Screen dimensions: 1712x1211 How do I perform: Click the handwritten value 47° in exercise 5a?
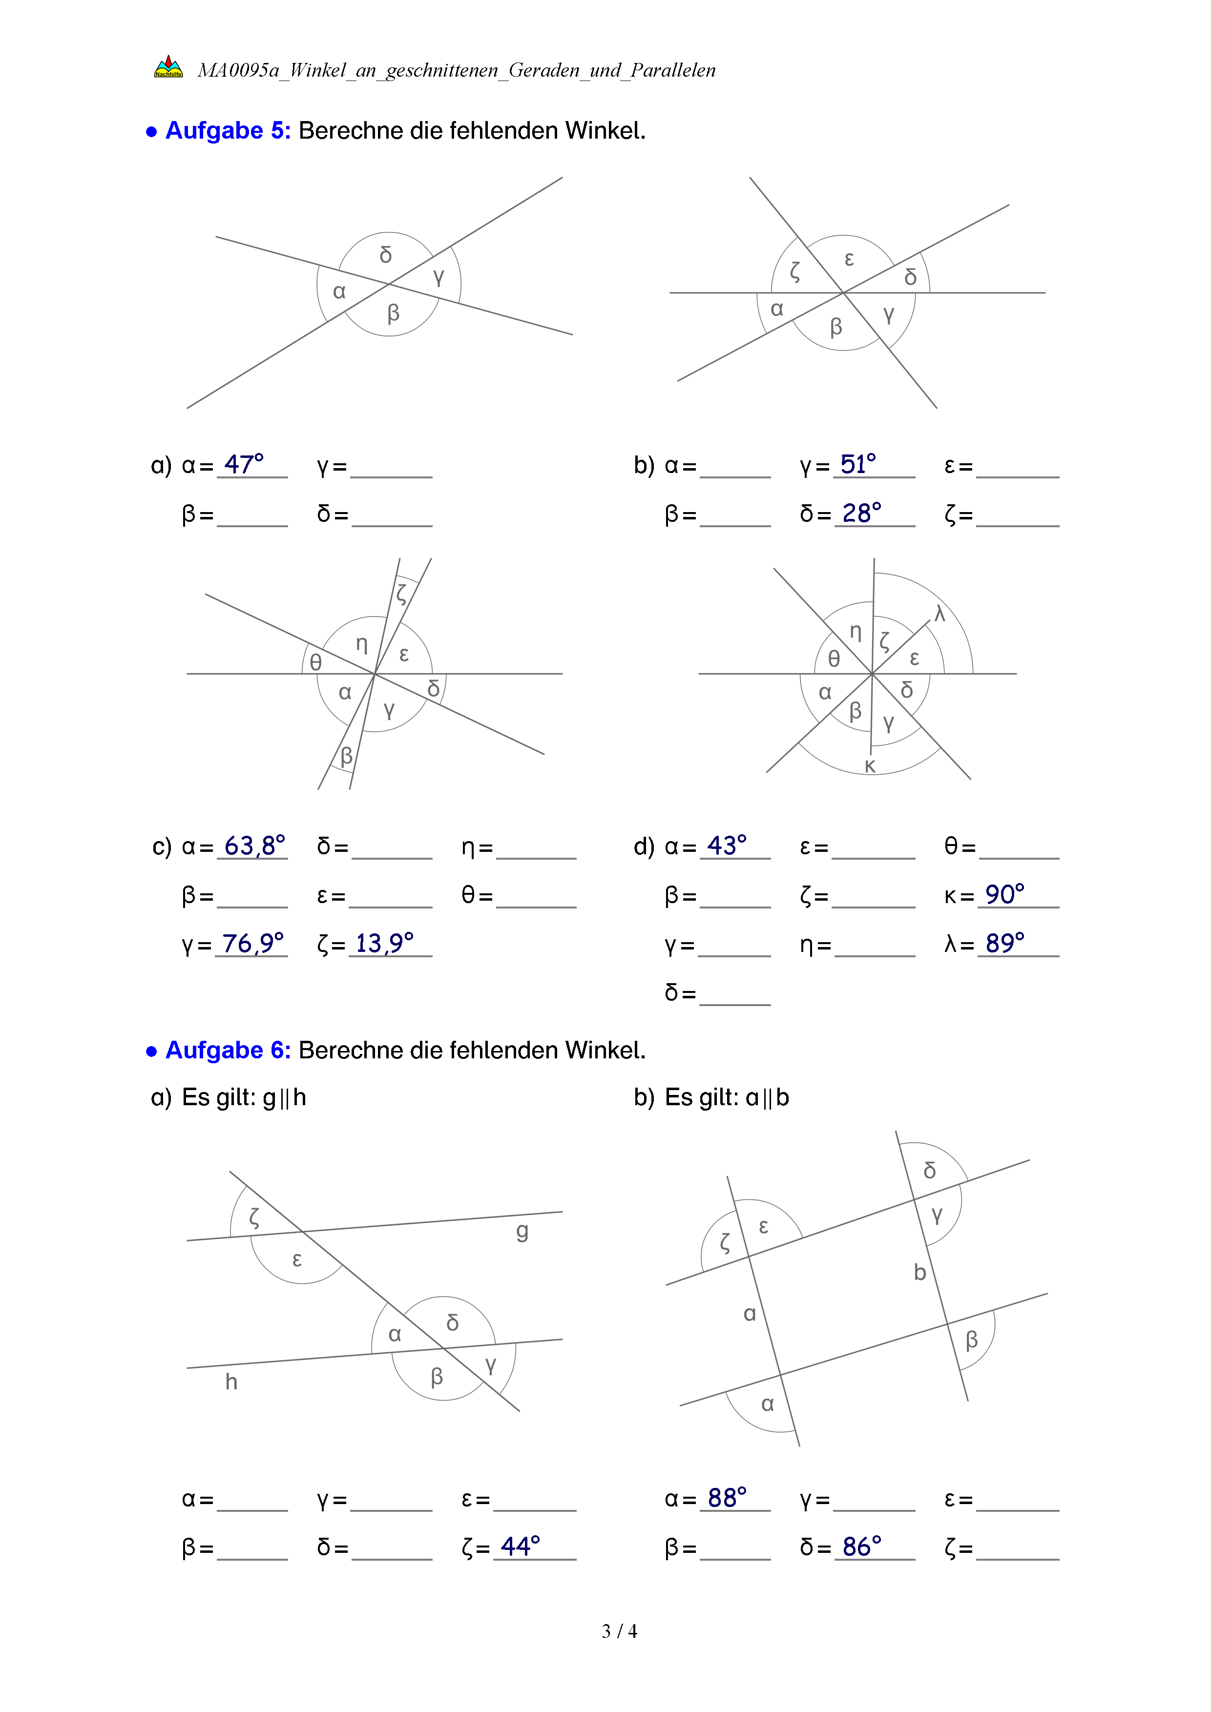244,464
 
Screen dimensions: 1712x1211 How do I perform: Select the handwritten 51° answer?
858,464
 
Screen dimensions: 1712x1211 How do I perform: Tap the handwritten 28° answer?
861,513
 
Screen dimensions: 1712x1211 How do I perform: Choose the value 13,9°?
384,943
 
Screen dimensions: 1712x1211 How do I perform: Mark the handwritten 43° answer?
726,846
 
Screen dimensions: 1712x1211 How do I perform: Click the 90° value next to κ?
1004,894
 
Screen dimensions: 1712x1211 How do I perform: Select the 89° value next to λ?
1004,943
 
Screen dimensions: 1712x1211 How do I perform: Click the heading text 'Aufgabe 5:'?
228,130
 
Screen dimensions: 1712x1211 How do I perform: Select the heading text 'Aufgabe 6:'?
228,1050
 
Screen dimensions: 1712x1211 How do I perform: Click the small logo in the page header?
168,67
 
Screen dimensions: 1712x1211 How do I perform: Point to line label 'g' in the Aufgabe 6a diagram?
522,1231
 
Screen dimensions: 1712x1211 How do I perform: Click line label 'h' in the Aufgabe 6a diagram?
231,1382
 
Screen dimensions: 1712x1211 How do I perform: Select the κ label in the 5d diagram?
870,766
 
